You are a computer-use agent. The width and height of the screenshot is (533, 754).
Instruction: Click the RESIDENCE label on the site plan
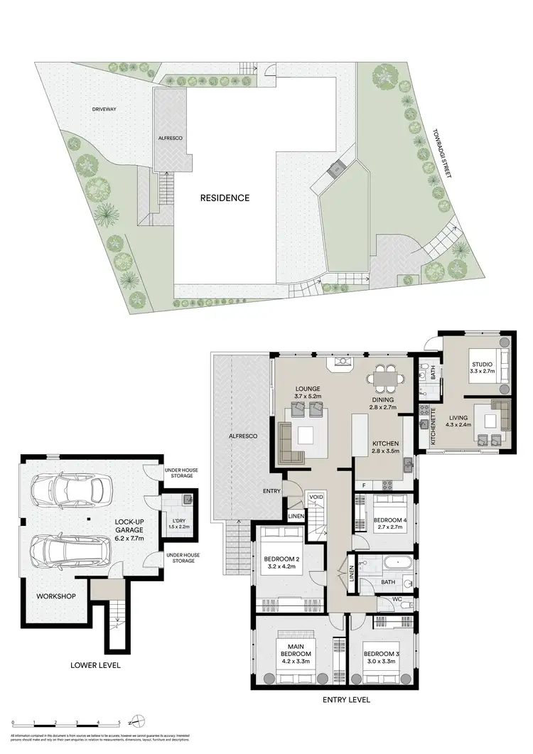[x=225, y=198]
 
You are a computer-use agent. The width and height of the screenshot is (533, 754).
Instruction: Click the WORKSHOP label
[x=56, y=596]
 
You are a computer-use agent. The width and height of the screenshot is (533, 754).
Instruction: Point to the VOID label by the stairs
[x=316, y=497]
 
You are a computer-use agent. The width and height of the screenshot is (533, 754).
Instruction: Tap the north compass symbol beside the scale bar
[x=141, y=723]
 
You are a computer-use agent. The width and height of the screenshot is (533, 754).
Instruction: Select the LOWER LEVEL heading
[x=95, y=665]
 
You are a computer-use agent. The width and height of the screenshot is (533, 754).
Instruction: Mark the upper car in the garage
[x=72, y=490]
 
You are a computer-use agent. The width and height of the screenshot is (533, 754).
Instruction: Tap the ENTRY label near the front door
[x=271, y=491]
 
